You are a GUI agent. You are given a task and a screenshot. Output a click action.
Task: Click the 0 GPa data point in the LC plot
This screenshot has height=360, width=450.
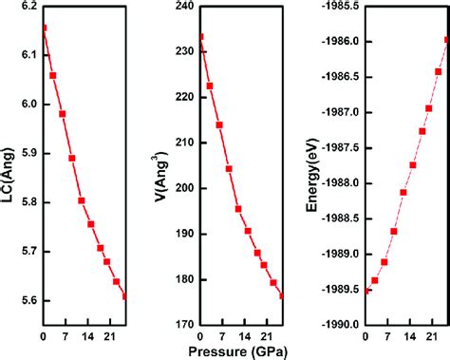43,28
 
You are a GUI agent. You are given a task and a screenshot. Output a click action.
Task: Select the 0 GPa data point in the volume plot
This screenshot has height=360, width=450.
199,37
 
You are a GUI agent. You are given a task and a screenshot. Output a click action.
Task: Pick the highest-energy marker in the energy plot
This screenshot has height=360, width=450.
446,39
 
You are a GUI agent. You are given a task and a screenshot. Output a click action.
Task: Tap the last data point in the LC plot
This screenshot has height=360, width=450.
126,295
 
